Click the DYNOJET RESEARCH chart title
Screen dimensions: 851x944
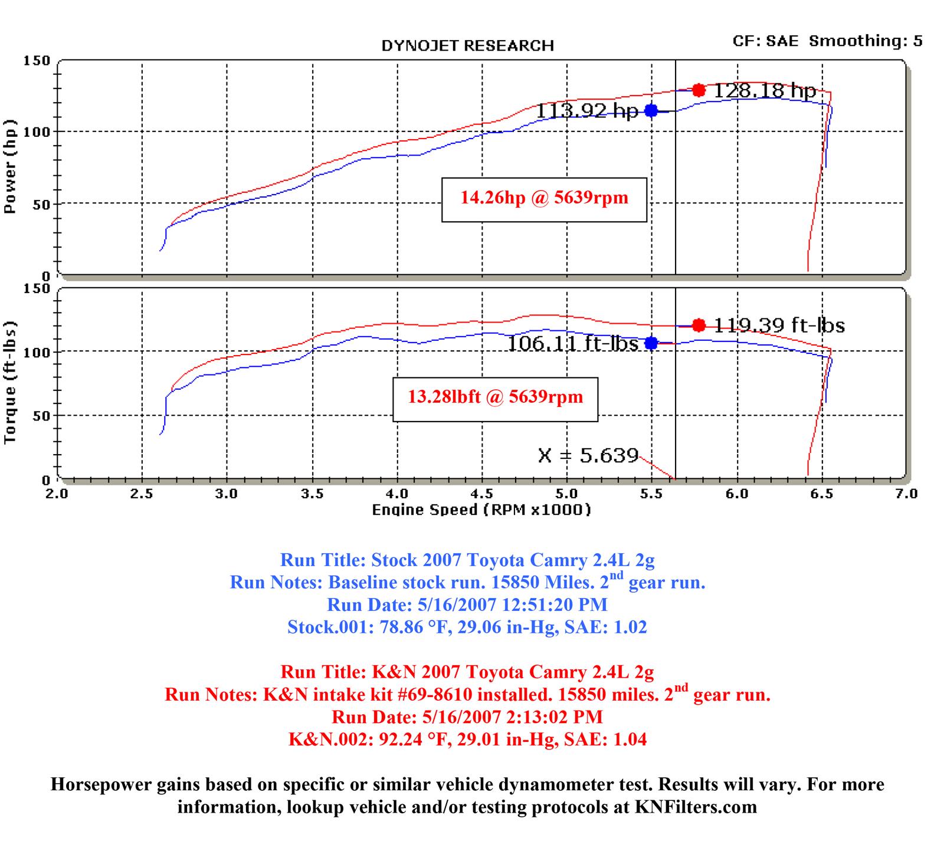[467, 46]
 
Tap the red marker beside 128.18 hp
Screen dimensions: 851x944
[699, 90]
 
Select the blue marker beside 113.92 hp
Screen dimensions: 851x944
[651, 110]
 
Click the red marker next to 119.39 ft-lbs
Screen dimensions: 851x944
[699, 325]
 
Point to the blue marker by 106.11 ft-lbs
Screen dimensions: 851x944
[651, 343]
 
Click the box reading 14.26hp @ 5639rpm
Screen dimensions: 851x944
[544, 199]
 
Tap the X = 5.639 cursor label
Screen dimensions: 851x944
[588, 455]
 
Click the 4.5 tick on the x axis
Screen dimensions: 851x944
[482, 494]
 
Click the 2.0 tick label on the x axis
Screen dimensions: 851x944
[57, 494]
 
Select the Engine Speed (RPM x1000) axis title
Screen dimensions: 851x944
[481, 510]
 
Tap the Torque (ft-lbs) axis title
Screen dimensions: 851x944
[10, 383]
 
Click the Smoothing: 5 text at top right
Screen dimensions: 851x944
[865, 41]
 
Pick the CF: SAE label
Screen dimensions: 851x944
[765, 41]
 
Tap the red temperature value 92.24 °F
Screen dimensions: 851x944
[399, 740]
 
